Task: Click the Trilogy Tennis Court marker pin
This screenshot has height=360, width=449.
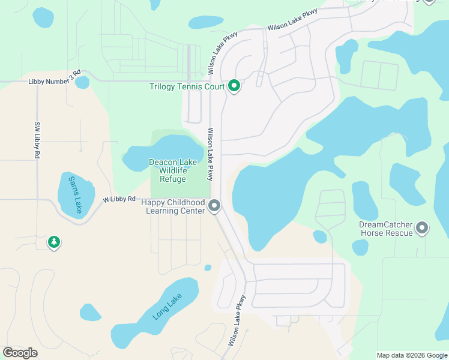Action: click(x=234, y=87)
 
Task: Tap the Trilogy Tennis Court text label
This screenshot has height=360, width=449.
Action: click(x=187, y=87)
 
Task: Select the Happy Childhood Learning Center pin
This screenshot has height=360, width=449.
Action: click(x=215, y=207)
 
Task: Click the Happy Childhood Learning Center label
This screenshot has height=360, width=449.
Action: click(x=173, y=207)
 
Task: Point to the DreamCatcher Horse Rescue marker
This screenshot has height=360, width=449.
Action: click(x=423, y=228)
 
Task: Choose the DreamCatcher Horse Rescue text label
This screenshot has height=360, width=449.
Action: click(x=386, y=229)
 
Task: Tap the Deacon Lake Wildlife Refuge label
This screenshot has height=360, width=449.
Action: click(x=172, y=170)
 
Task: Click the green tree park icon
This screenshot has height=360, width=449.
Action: click(x=54, y=242)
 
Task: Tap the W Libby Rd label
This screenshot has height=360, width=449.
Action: click(x=119, y=199)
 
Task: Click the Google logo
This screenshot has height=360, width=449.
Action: click(x=20, y=353)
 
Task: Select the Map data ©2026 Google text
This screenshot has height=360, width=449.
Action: click(x=411, y=355)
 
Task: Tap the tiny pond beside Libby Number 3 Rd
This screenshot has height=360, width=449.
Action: click(x=82, y=82)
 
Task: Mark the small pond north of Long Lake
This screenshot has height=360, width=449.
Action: click(x=208, y=268)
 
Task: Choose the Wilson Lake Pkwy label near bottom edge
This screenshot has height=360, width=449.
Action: click(x=238, y=320)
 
